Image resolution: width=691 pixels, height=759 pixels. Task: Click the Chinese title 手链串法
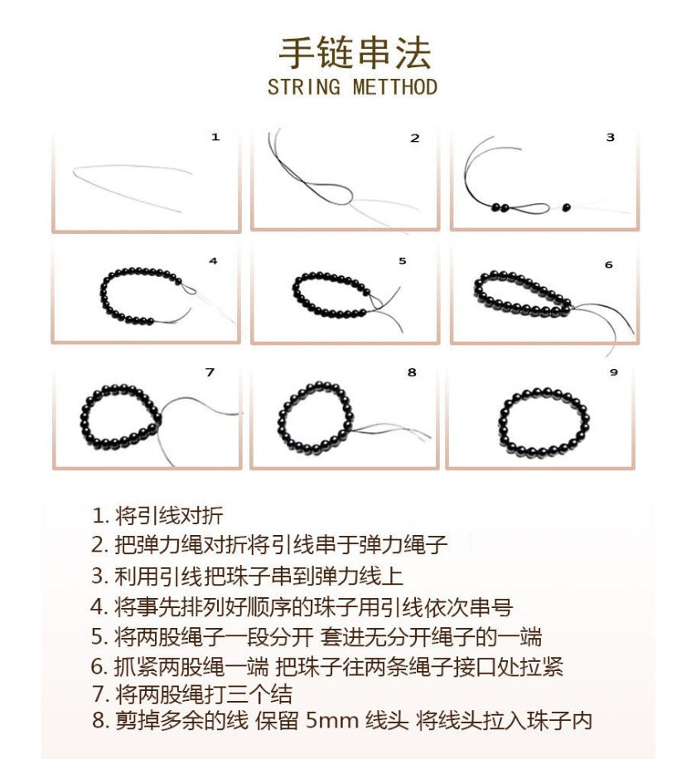click(x=354, y=52)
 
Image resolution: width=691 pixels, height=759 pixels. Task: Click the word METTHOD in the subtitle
click(x=394, y=86)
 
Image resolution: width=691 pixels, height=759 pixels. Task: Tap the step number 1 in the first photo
click(x=215, y=138)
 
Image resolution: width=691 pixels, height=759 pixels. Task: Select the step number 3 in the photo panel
click(x=611, y=138)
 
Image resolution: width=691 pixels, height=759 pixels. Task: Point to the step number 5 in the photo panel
click(x=403, y=260)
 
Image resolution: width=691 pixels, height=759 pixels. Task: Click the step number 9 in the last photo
click(x=614, y=372)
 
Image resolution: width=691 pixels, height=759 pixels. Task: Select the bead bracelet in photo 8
click(x=315, y=419)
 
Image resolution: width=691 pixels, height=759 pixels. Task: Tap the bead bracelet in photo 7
click(x=120, y=419)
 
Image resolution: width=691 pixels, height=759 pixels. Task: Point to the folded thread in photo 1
click(x=133, y=184)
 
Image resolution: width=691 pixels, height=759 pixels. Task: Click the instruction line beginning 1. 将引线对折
click(x=157, y=515)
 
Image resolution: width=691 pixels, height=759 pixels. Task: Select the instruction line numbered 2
click(x=269, y=545)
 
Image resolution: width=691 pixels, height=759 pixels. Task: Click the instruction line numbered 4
click(x=302, y=606)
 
